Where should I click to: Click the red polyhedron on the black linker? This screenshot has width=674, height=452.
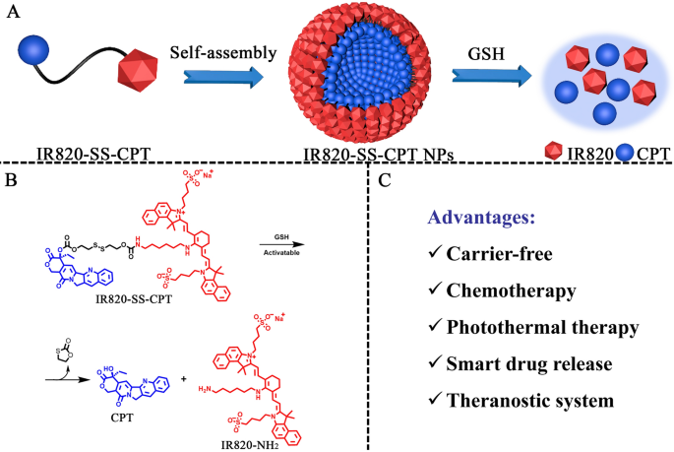tap(139, 73)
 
